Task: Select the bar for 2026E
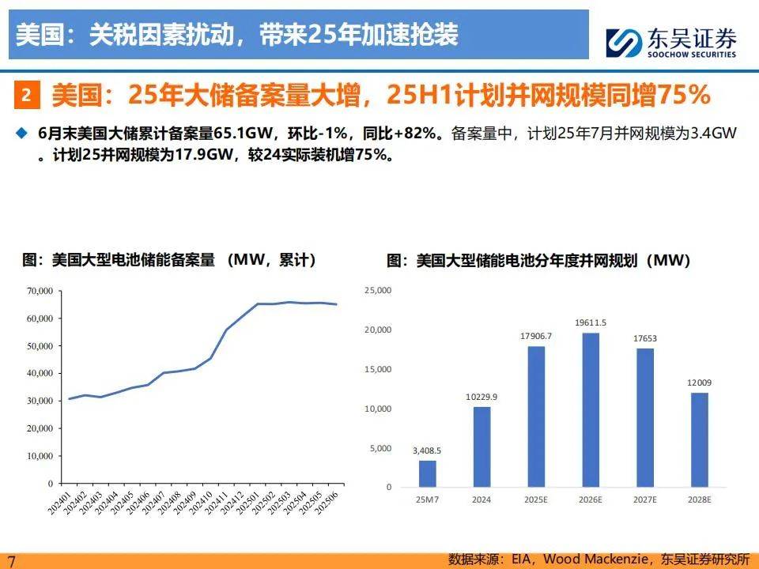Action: point(584,409)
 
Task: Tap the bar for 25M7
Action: point(427,473)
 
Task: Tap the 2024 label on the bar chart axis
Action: point(481,499)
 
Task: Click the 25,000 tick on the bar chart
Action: point(376,291)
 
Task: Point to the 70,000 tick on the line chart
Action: point(39,292)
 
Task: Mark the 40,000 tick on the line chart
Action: point(39,374)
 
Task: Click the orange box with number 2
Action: point(26,96)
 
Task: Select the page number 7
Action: point(11,559)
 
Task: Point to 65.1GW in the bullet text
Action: point(237,134)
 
